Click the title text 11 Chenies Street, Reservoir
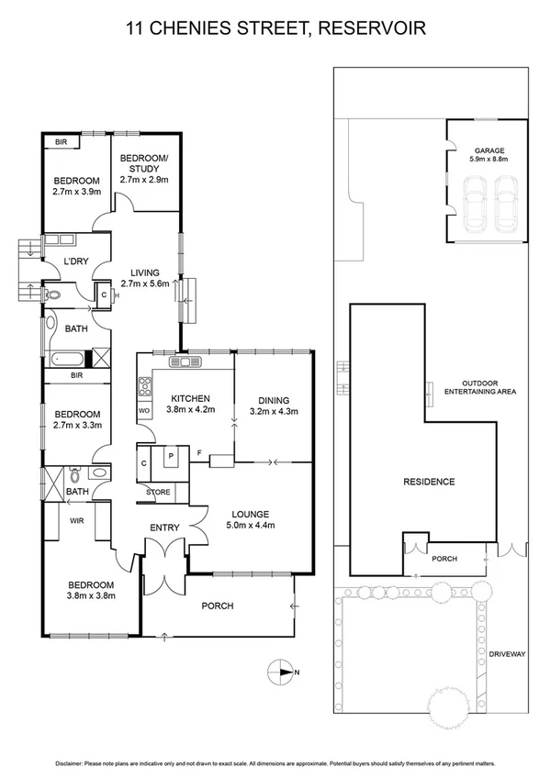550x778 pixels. point(275,30)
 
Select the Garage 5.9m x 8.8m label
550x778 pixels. point(489,153)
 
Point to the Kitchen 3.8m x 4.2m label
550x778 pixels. point(192,404)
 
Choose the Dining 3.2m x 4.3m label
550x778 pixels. point(275,406)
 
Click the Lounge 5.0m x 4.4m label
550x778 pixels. point(251,519)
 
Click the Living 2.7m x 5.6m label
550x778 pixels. point(145,278)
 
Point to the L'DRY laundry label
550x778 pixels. point(75,263)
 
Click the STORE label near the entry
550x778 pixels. point(159,493)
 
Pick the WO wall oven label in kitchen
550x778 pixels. point(143,410)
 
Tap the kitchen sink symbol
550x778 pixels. point(185,361)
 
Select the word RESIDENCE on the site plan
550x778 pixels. point(430,481)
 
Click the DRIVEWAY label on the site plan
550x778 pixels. point(507,654)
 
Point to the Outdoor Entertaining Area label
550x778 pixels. point(480,387)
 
